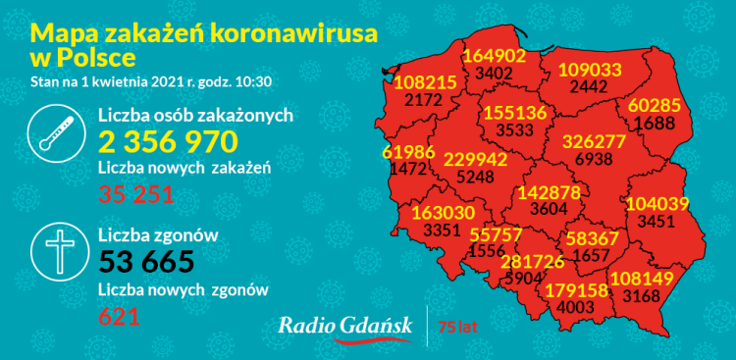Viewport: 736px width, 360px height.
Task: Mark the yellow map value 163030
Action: (446, 213)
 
